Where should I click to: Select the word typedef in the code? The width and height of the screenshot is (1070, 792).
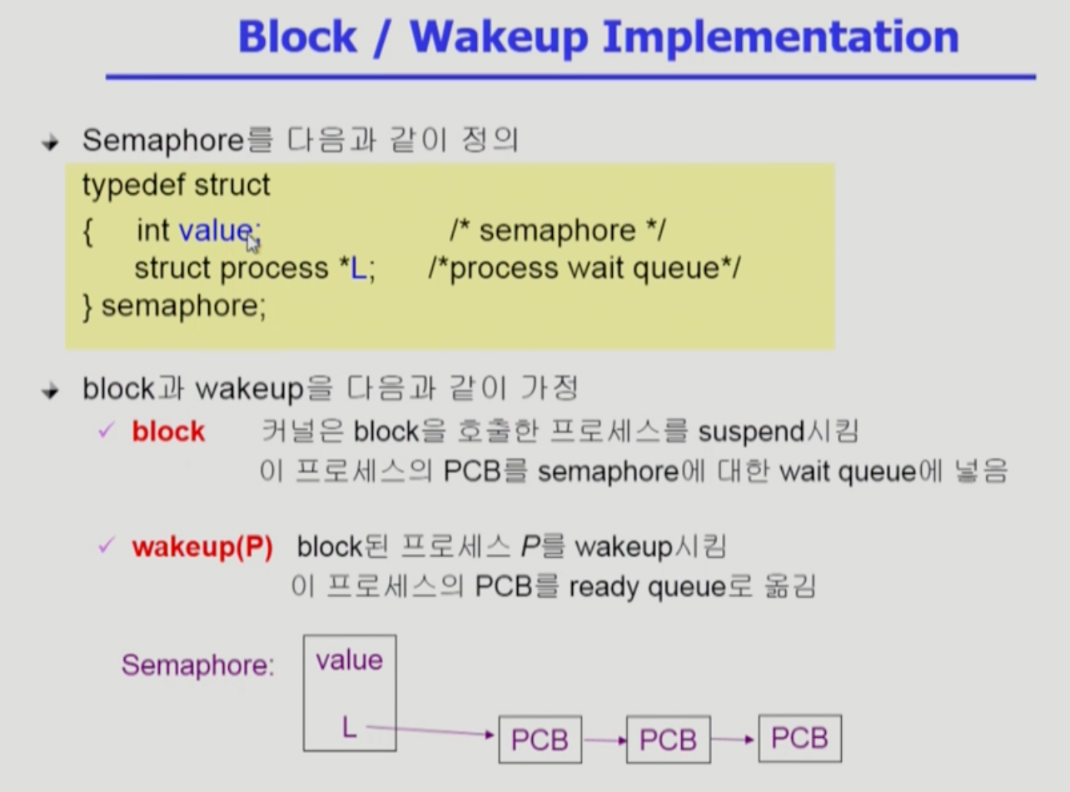pyautogui.click(x=134, y=184)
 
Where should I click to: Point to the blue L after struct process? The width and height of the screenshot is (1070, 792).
pyautogui.click(x=357, y=268)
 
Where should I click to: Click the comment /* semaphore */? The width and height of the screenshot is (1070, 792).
pyautogui.click(x=557, y=230)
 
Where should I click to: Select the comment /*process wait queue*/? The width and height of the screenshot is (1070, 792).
pyautogui.click(x=583, y=268)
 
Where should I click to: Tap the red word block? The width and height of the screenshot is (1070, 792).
pyautogui.click(x=168, y=431)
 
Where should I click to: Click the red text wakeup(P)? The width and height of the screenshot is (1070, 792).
pyautogui.click(x=202, y=548)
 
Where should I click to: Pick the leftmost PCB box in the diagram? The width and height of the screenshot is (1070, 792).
pyautogui.click(x=540, y=739)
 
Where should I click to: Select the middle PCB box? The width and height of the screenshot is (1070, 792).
pyautogui.click(x=668, y=739)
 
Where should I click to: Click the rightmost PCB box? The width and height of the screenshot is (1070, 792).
pyautogui.click(x=799, y=737)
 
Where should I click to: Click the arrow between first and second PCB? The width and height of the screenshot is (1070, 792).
pyautogui.click(x=604, y=738)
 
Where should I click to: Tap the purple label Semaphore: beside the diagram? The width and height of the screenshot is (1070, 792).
pyautogui.click(x=197, y=665)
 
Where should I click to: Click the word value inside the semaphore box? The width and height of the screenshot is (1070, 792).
pyautogui.click(x=349, y=660)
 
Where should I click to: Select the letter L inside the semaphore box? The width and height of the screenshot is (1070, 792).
pyautogui.click(x=349, y=728)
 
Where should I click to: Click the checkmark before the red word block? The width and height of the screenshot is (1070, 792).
pyautogui.click(x=105, y=431)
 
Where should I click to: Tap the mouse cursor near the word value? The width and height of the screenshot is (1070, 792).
pyautogui.click(x=252, y=242)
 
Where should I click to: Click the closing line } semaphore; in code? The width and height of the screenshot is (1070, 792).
pyautogui.click(x=175, y=306)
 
